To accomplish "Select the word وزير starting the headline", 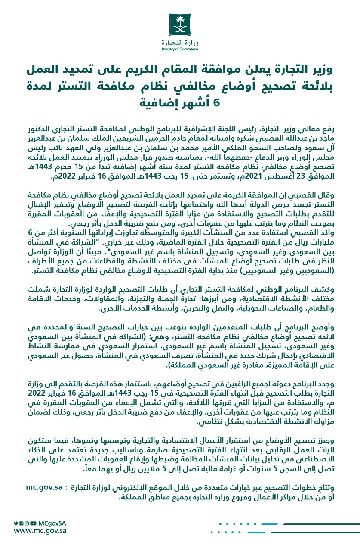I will pyautogui.click(x=318, y=69).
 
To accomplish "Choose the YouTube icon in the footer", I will pyautogui.click(x=33, y=523).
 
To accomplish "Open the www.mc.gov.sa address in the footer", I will pyautogui.click(x=40, y=531).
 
